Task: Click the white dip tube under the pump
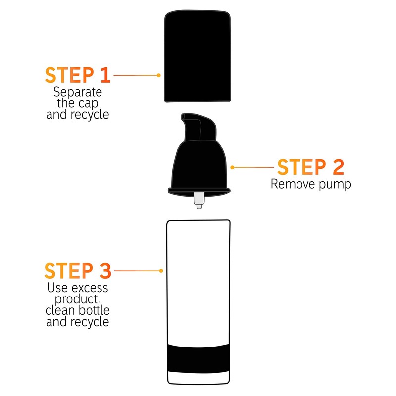pyautogui.click(x=198, y=199)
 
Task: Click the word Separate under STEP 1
pyautogui.click(x=78, y=92)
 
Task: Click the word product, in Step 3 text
pyautogui.click(x=78, y=299)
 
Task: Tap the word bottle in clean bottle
pyautogui.click(x=94, y=311)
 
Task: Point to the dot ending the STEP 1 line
pyautogui.click(x=158, y=75)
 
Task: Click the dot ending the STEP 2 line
pyautogui.click(x=232, y=167)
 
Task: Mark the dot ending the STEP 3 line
pyautogui.click(x=161, y=271)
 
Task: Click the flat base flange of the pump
pyautogui.click(x=198, y=190)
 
